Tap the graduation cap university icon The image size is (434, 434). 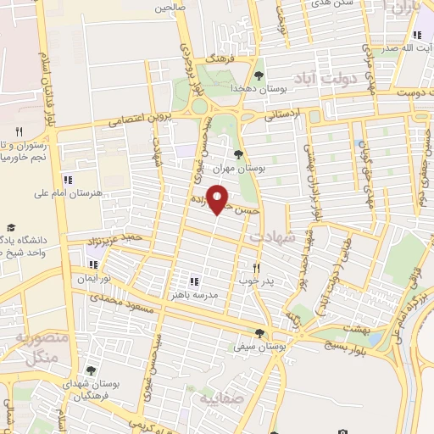[x=11, y=226]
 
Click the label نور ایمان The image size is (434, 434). [x=93, y=278]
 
